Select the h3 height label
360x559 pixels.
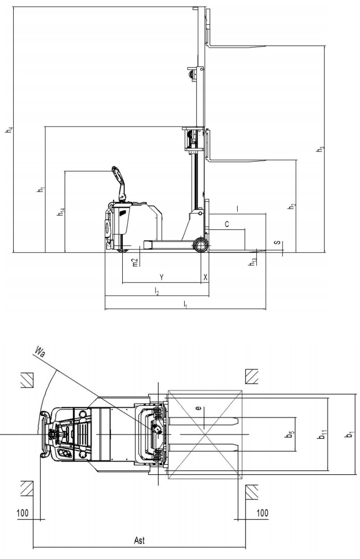pos(320,149)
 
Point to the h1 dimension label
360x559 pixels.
pos(42,189)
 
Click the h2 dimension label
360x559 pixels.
pos(292,206)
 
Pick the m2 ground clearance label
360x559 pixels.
pos(135,262)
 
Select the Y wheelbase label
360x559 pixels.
pos(161,277)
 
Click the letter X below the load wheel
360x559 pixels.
pos(205,277)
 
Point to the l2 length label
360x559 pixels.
pos(157,291)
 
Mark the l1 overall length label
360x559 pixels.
pos(185,304)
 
